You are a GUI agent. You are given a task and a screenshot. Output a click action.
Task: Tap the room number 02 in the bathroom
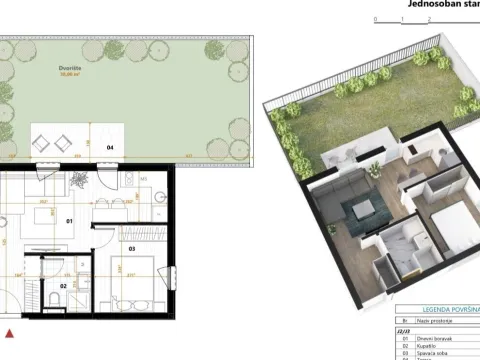tap(62, 285)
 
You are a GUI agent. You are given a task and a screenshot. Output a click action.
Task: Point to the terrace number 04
tap(110, 148)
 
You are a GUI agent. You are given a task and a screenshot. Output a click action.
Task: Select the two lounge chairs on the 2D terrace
tap(54, 139)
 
